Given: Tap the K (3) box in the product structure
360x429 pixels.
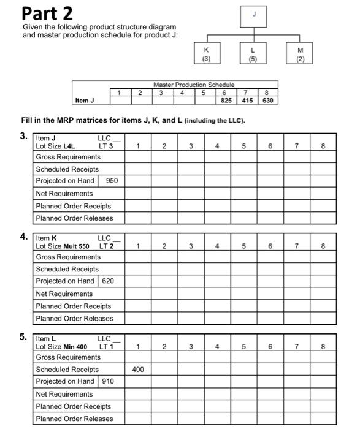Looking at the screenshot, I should (206, 54).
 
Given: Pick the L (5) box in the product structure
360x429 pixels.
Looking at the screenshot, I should (253, 54).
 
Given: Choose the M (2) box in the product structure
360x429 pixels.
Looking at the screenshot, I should (300, 54).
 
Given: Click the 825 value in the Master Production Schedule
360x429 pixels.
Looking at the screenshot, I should (226, 100).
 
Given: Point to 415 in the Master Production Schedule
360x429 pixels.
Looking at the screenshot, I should (247, 100).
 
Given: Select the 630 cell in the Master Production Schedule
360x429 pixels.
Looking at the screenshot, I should (268, 100).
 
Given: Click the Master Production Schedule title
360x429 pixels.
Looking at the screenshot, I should (194, 85).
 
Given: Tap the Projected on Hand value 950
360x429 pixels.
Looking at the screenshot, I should (112, 181).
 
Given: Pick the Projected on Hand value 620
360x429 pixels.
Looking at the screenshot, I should (108, 281).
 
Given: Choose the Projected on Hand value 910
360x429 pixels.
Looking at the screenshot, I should (108, 381).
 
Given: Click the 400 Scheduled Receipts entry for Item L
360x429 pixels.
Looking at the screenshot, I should (138, 370).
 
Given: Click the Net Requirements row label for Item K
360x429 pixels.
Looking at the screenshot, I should (64, 294).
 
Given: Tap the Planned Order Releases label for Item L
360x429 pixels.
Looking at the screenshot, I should (74, 419).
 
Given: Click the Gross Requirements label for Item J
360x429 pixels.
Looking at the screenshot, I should (68, 158).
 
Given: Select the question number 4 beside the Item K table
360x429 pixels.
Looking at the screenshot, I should (23, 237).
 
